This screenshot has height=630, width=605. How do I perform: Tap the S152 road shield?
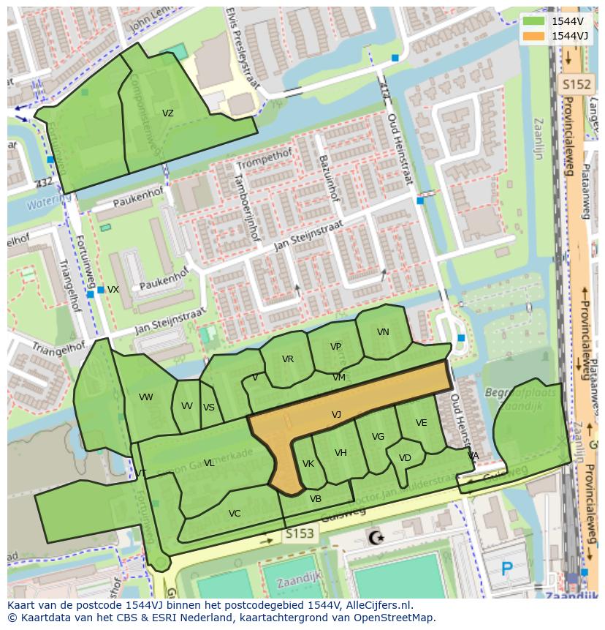(575, 85)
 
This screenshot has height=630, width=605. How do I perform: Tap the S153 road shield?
(300, 534)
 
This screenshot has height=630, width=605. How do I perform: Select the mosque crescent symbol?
(377, 539)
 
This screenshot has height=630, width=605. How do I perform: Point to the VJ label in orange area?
(336, 415)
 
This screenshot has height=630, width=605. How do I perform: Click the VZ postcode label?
(168, 113)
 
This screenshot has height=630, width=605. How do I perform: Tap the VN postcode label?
(383, 332)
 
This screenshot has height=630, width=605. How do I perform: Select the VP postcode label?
(335, 347)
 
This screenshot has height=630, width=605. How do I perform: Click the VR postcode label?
(287, 359)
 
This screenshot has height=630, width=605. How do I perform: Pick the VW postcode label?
(145, 397)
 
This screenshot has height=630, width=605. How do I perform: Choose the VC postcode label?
(234, 514)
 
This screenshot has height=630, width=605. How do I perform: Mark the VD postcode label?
(405, 459)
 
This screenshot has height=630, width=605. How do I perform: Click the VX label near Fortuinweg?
(113, 290)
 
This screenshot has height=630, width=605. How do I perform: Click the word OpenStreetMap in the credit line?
(396, 618)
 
